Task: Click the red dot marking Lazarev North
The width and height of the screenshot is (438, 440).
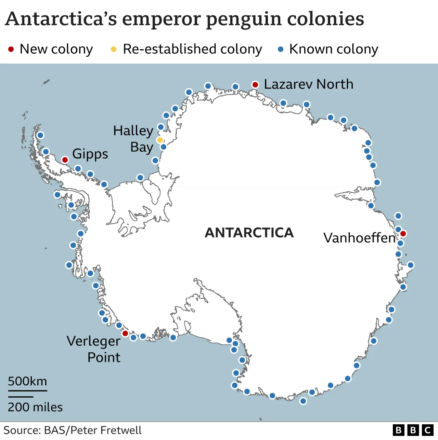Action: (255, 85)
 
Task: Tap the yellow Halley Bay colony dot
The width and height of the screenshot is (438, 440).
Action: (160, 140)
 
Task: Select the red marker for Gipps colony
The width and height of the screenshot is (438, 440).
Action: (65, 160)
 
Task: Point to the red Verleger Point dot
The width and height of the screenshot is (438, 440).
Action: (125, 333)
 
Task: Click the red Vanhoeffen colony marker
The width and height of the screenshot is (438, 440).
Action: (403, 234)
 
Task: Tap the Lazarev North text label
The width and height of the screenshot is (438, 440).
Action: (308, 84)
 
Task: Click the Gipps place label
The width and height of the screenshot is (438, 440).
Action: (90, 154)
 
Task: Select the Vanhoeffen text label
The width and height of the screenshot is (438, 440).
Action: (359, 238)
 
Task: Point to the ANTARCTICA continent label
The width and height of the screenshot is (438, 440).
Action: (249, 233)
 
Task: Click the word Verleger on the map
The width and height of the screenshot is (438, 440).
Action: (93, 341)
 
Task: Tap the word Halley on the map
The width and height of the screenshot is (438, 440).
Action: (133, 131)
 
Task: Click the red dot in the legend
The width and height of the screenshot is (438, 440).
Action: (11, 50)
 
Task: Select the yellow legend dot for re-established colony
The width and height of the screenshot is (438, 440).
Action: (114, 50)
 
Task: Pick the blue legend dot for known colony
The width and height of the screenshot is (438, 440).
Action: (281, 50)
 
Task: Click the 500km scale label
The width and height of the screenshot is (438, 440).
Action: (27, 381)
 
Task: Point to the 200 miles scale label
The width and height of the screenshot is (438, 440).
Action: (35, 407)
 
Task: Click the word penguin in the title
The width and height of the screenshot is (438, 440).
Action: (244, 19)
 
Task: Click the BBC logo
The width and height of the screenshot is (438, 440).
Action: (413, 430)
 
